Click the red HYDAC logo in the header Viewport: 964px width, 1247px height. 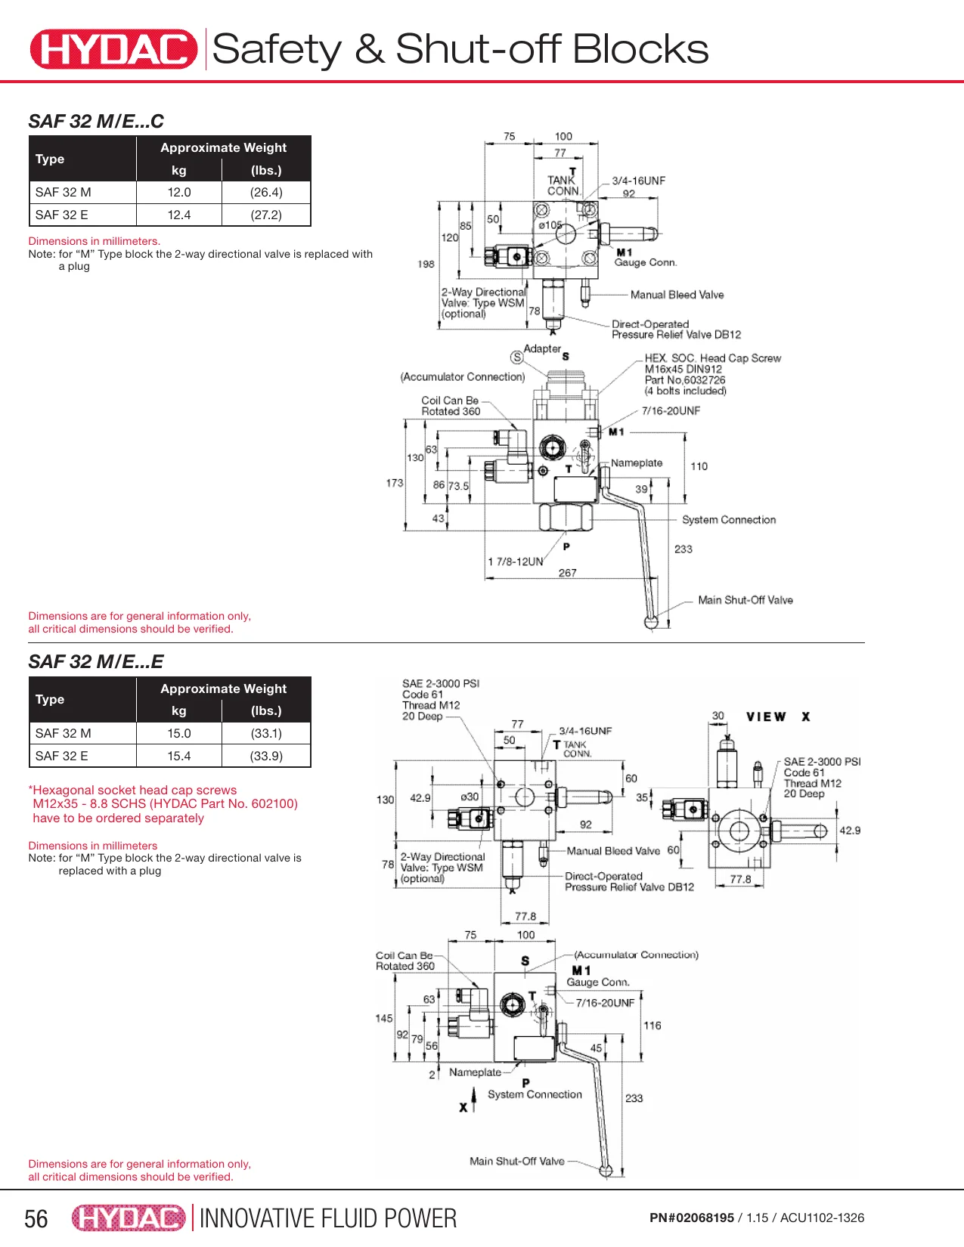click(x=113, y=49)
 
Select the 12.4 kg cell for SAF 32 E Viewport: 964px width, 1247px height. click(x=179, y=215)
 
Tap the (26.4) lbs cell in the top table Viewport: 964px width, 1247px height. click(x=266, y=192)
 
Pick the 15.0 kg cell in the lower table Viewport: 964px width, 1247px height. click(x=179, y=733)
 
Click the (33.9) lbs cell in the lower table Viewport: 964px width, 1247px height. click(x=266, y=756)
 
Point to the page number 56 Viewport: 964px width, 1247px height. click(x=36, y=1219)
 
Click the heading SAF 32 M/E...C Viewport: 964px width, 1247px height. click(x=96, y=121)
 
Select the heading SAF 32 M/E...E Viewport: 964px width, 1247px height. click(x=96, y=661)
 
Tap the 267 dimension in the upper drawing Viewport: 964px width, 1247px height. click(x=567, y=573)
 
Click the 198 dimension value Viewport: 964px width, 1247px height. click(x=426, y=264)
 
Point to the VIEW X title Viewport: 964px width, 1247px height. click(x=778, y=716)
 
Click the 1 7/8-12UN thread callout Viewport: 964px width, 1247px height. click(x=515, y=562)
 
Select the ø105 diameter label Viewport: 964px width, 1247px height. click(x=550, y=225)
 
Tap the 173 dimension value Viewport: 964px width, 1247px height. click(x=395, y=483)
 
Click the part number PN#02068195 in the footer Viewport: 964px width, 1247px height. click(x=691, y=1218)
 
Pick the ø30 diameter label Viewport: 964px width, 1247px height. click(x=469, y=797)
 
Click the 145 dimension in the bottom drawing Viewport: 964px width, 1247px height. click(x=384, y=1019)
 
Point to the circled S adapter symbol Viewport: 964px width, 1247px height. click(x=516, y=357)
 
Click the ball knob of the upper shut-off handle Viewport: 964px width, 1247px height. click(x=651, y=623)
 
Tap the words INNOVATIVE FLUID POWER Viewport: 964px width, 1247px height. click(x=328, y=1219)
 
